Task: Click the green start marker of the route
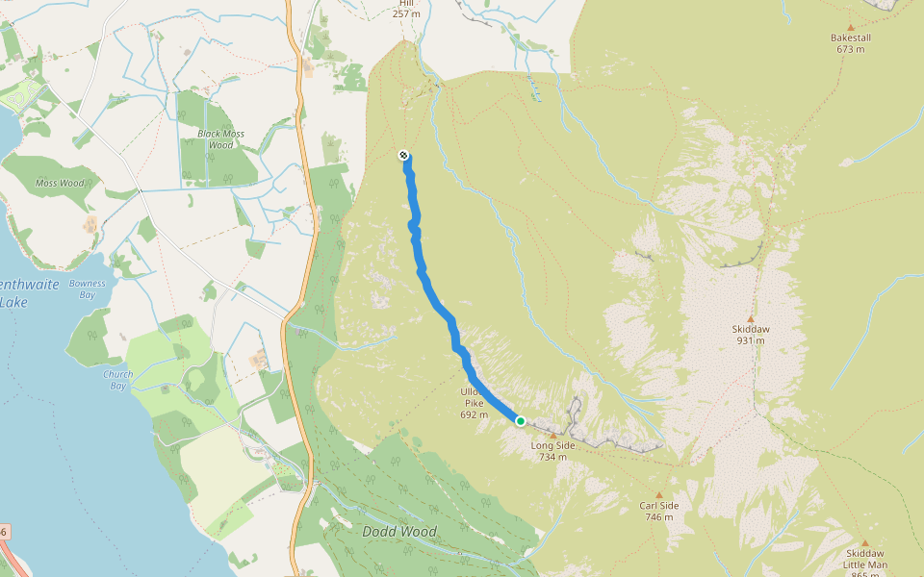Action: click(x=521, y=421)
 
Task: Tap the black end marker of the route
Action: click(x=403, y=155)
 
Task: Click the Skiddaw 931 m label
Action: click(x=751, y=334)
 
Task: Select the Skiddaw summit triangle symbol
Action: click(x=751, y=317)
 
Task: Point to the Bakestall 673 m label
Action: click(x=850, y=43)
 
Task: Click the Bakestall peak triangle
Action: click(x=850, y=28)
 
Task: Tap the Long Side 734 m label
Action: click(x=552, y=451)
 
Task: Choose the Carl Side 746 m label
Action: click(x=659, y=511)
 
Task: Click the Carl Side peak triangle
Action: click(x=659, y=495)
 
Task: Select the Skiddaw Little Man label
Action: click(x=865, y=559)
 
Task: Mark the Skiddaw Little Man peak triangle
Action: click(x=865, y=542)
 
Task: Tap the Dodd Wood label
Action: click(x=398, y=532)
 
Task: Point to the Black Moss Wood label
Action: click(x=221, y=139)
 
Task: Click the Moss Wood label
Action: click(x=60, y=183)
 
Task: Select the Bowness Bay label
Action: click(x=88, y=289)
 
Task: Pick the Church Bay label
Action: click(x=118, y=380)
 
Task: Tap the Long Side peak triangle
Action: click(x=552, y=436)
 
